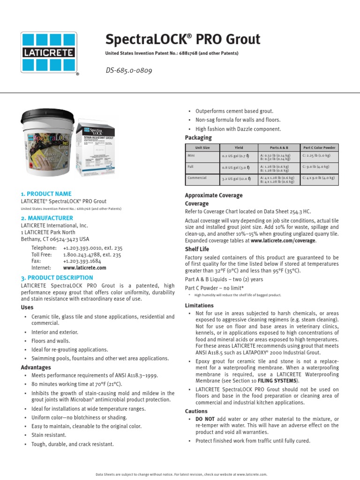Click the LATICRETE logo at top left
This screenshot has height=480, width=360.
coord(49,52)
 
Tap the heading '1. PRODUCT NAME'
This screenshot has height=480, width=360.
coord(46,194)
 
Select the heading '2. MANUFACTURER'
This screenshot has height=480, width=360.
coord(46,218)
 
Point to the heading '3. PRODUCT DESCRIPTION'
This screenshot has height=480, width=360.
coord(57,277)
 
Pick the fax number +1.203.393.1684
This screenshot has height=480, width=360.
coord(82,261)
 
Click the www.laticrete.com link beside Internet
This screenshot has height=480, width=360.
coord(84,268)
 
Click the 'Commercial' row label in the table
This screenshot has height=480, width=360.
coord(197,178)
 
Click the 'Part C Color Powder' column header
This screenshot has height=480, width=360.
coord(319,148)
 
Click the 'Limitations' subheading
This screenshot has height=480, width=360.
coord(200,305)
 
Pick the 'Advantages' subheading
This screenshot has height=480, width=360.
coord(36,367)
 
